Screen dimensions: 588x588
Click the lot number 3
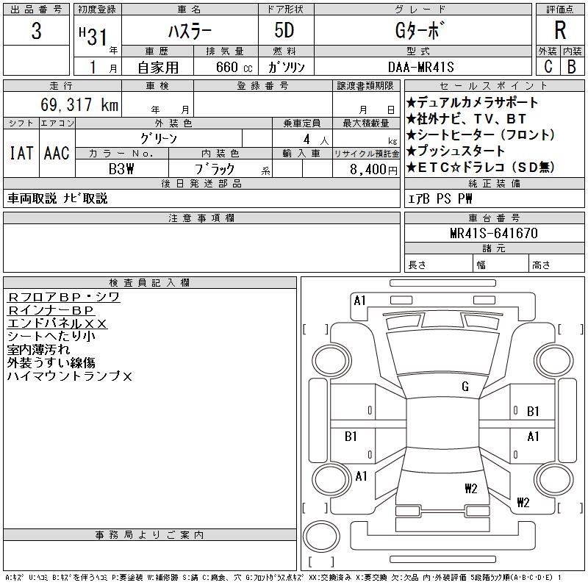click(37, 32)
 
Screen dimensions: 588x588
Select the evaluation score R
click(560, 32)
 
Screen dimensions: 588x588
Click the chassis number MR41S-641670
click(494, 234)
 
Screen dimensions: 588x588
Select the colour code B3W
click(121, 168)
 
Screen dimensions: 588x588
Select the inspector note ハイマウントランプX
click(70, 376)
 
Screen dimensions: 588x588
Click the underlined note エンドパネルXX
click(57, 323)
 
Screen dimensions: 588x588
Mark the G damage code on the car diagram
click(465, 387)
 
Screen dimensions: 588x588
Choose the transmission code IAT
click(21, 153)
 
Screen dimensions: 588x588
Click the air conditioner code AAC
click(57, 153)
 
